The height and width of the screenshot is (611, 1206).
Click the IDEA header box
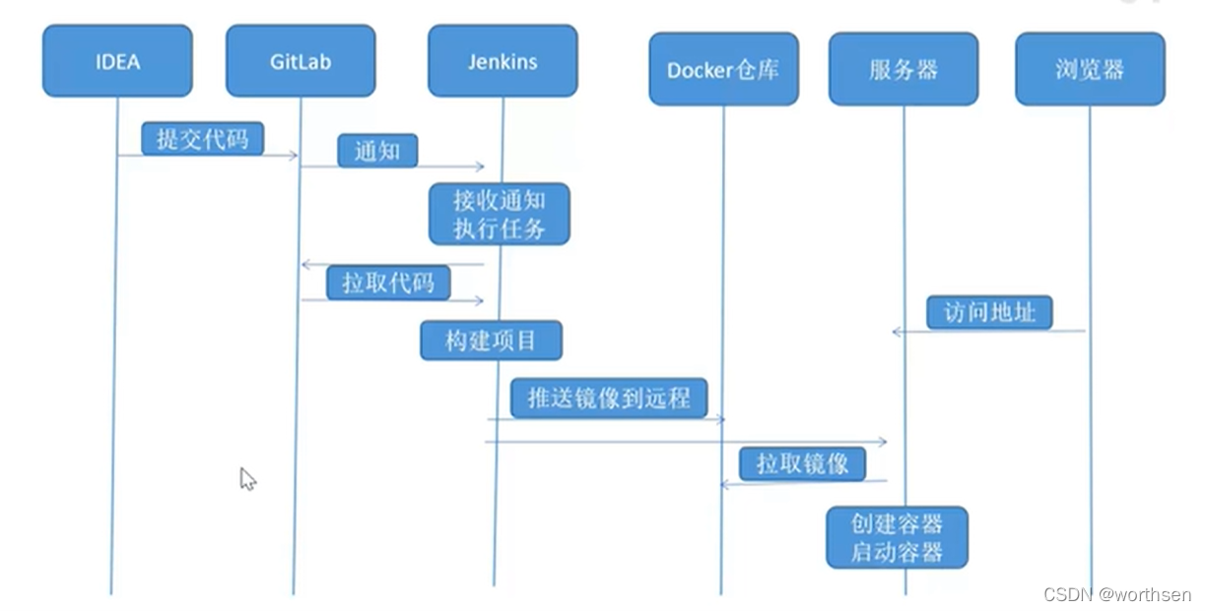[117, 61]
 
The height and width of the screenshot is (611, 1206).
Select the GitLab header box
[301, 61]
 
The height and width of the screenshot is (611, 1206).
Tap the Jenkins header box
[502, 61]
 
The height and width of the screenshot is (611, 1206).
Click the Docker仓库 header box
[723, 69]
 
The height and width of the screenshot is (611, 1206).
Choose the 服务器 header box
[904, 69]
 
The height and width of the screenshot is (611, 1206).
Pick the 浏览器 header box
[1090, 69]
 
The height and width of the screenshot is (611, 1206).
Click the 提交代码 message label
[202, 139]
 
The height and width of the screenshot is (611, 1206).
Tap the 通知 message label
[377, 152]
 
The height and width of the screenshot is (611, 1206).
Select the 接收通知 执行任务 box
[499, 214]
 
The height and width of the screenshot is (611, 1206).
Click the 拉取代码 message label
[388, 283]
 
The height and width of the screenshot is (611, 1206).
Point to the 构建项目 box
[491, 341]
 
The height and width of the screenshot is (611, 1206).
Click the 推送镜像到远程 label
[609, 398]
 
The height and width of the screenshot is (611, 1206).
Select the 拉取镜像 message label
[803, 463]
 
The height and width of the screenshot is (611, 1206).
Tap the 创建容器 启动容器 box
[897, 537]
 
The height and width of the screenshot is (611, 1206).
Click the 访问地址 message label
[989, 312]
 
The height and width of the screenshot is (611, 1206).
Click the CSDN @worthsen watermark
[1116, 595]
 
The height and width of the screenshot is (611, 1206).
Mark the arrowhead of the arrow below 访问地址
[897, 332]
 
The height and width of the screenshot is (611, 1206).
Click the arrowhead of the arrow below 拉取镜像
[724, 484]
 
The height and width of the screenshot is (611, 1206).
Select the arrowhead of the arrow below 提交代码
[293, 156]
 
